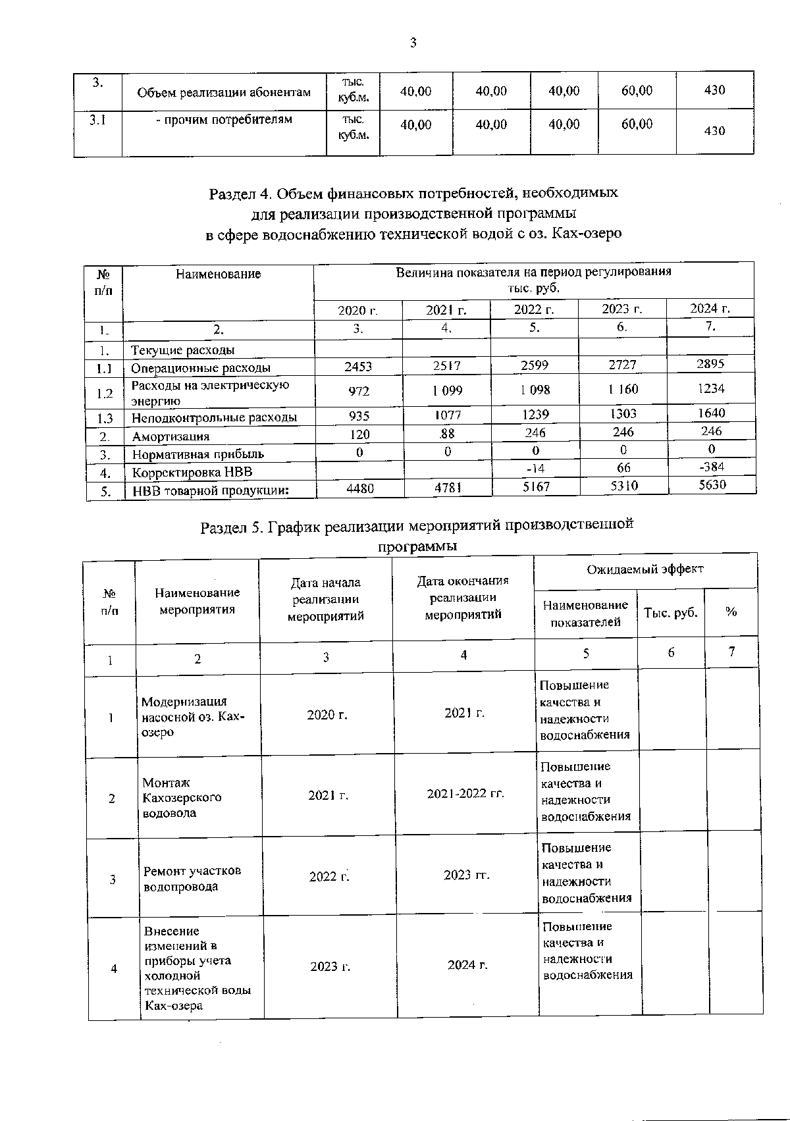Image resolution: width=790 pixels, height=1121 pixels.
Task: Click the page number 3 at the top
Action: [413, 43]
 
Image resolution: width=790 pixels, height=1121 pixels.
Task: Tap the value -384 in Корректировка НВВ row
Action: [711, 467]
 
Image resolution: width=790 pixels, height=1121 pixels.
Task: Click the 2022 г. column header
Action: [534, 309]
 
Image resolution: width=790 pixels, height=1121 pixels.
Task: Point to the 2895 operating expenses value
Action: [711, 364]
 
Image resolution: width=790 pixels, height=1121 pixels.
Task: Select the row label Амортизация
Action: [171, 436]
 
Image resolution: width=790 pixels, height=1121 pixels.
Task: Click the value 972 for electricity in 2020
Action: [359, 391]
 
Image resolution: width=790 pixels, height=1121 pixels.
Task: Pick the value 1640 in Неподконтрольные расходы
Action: [711, 413]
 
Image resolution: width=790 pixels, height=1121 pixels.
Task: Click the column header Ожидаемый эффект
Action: [645, 569]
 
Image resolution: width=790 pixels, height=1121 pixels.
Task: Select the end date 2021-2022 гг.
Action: [465, 793]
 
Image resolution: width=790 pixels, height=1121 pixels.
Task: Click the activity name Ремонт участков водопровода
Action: [192, 878]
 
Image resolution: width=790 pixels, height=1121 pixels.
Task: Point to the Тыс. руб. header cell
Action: [670, 612]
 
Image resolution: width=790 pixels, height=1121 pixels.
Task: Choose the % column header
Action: [731, 612]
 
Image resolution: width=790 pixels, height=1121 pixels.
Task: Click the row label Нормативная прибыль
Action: [197, 454]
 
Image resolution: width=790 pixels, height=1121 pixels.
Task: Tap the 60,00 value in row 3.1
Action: [637, 124]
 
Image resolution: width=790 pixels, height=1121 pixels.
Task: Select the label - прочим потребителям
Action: [224, 120]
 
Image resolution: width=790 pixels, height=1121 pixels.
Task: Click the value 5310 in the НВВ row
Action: [623, 486]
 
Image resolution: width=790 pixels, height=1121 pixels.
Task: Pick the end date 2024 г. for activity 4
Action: [467, 965]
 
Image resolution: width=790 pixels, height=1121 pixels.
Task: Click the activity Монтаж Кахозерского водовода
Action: [182, 797]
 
